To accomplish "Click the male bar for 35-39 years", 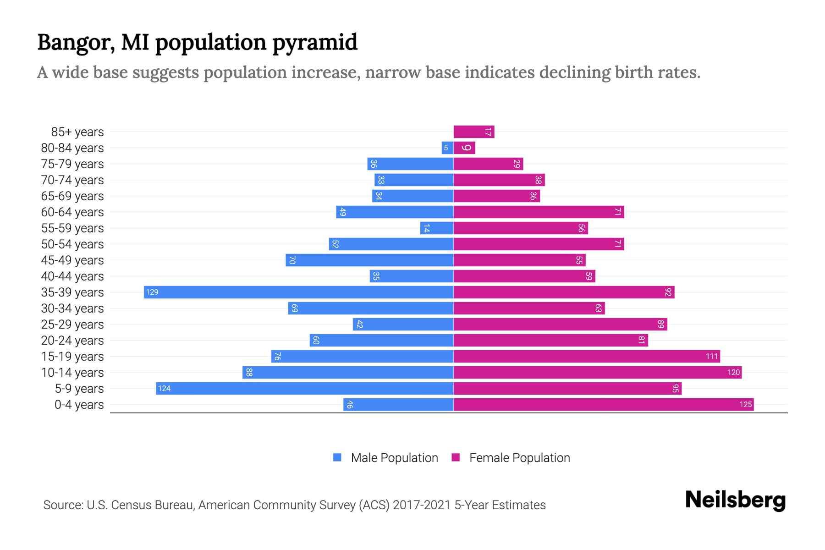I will tap(298, 292).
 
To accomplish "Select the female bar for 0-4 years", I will tap(603, 405).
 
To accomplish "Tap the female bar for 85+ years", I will tap(473, 132).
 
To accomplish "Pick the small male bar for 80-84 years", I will tap(447, 148).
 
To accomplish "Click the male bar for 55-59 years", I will tap(437, 228).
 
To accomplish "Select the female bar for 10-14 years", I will tap(597, 373).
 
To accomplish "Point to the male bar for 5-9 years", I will tap(304, 389).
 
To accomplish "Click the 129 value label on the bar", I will tap(152, 292).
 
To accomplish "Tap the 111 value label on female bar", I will tap(711, 357).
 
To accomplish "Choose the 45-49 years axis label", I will tap(72, 260).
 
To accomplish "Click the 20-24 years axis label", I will tap(72, 341).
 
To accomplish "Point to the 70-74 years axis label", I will tap(72, 180).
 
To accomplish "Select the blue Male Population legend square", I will tap(337, 457).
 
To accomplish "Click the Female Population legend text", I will tap(519, 458).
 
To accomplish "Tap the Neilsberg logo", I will tap(735, 500).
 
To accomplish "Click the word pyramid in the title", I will tap(314, 43).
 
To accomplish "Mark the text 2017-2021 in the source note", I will tap(421, 505).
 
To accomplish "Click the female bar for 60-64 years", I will tap(539, 212).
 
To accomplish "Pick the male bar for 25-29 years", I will tap(403, 324).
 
